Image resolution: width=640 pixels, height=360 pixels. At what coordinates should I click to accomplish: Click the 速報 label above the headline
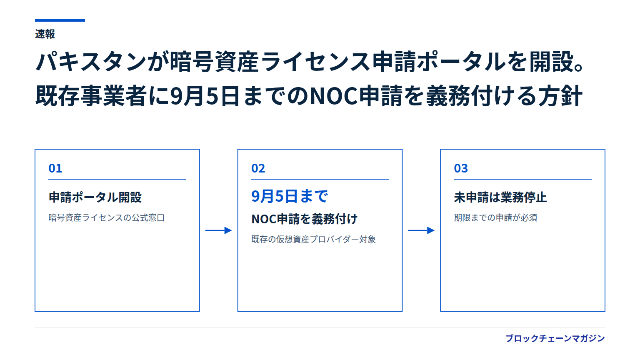[45, 34]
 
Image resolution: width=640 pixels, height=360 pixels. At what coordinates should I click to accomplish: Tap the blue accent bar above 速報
[60, 20]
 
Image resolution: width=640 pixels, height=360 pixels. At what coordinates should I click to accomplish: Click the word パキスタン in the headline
[91, 62]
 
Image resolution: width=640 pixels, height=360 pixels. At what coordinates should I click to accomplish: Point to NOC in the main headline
[333, 96]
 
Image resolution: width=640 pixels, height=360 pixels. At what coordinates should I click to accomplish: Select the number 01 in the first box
[55, 168]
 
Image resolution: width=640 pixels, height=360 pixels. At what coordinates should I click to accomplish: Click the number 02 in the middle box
[258, 168]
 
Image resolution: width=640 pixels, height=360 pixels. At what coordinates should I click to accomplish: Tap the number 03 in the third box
[461, 168]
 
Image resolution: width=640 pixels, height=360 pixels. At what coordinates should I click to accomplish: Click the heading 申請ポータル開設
[95, 197]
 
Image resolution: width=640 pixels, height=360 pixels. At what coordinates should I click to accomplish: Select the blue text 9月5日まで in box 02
[290, 196]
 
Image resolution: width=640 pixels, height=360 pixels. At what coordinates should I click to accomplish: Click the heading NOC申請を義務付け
[304, 219]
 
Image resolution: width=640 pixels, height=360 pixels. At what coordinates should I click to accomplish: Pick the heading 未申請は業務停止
[500, 197]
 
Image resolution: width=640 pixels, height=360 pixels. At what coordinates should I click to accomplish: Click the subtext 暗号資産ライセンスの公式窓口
[107, 218]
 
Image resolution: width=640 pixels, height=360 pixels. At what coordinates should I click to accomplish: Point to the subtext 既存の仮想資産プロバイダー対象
[313, 239]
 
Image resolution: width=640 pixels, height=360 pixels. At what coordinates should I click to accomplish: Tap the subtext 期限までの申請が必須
[495, 218]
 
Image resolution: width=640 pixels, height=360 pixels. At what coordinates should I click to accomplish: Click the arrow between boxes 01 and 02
[219, 230]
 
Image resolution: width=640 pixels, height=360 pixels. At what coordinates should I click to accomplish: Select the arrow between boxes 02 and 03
[421, 230]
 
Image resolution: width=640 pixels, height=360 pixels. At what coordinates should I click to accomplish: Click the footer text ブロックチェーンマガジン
[555, 338]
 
